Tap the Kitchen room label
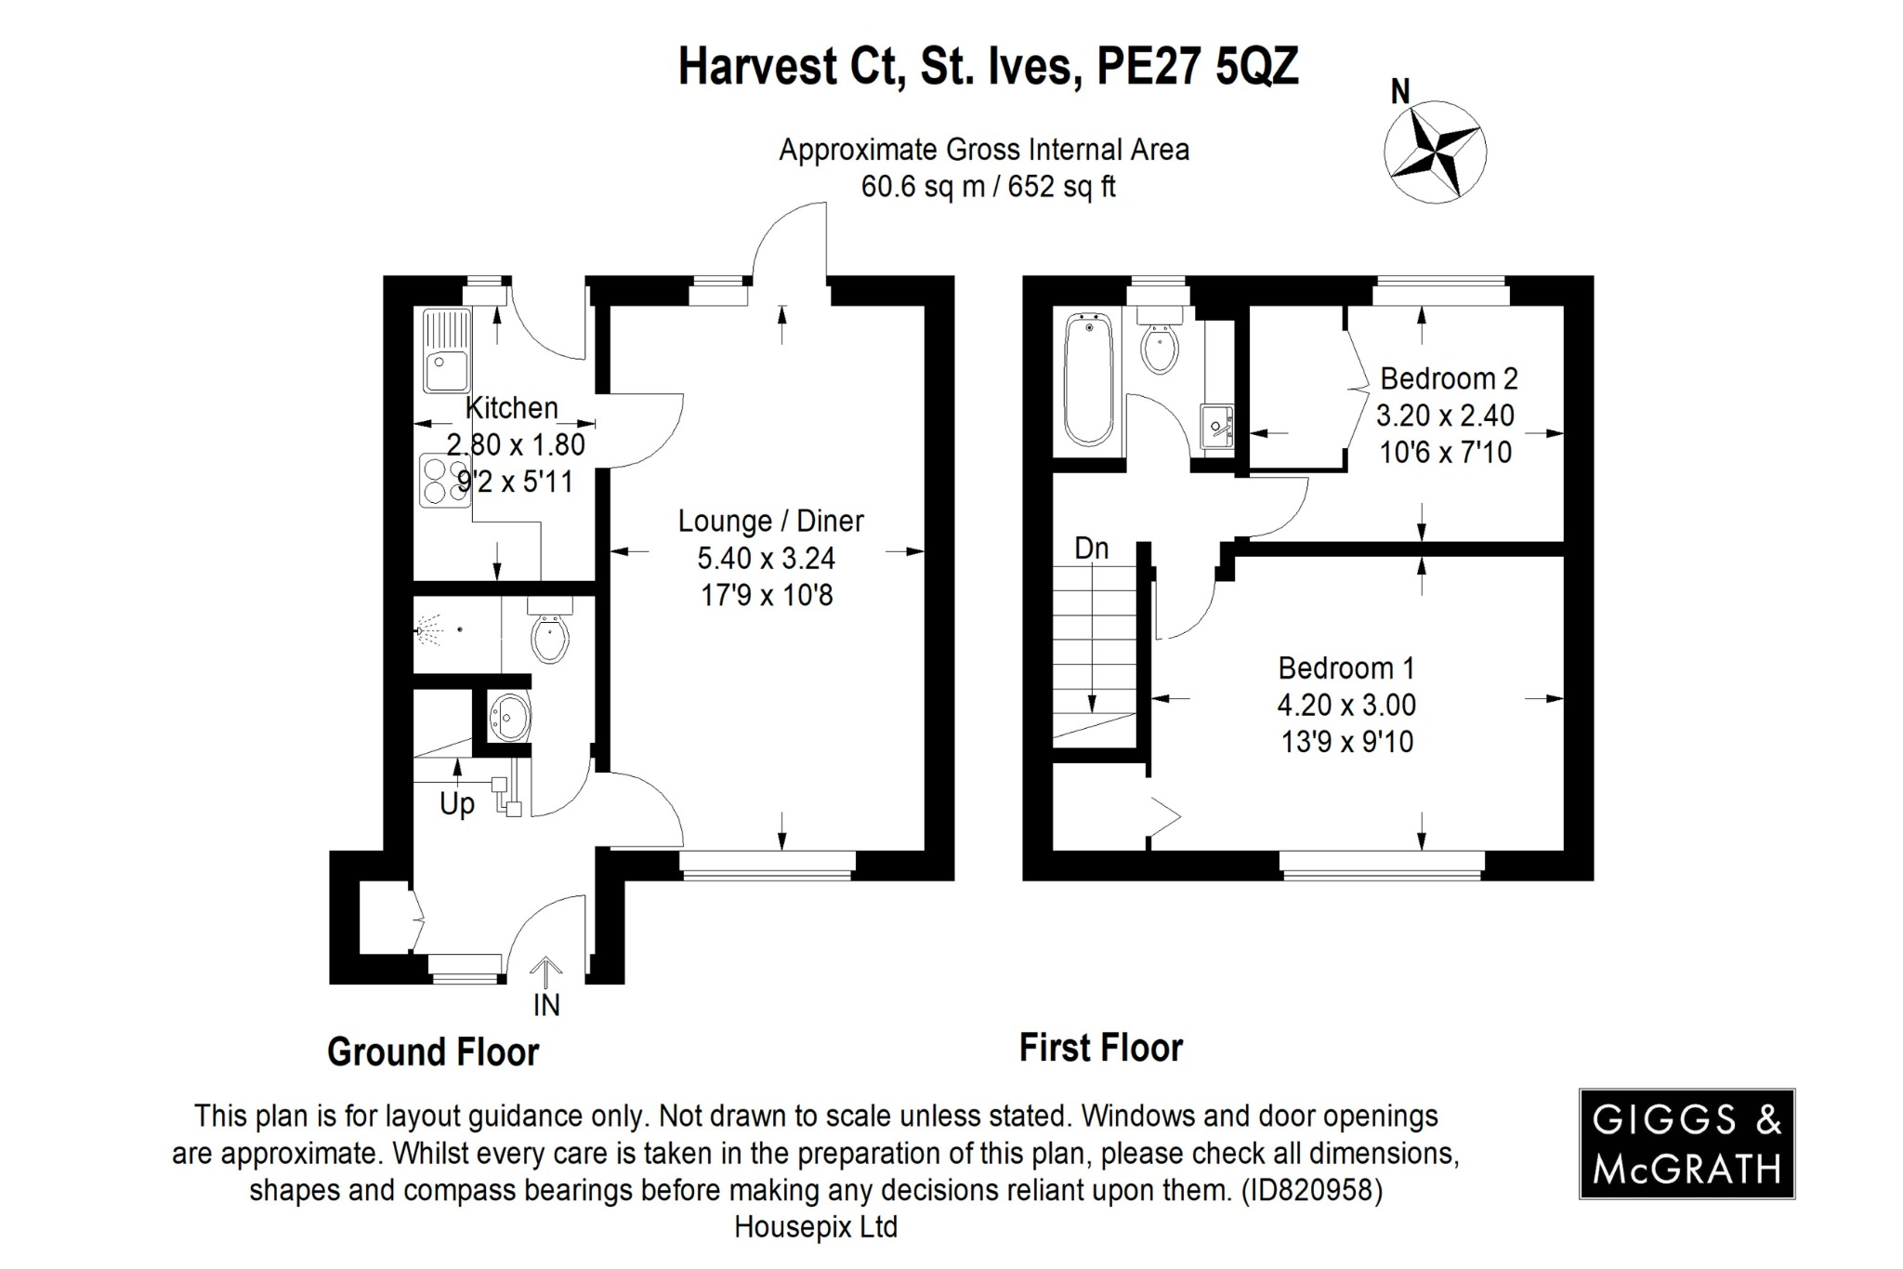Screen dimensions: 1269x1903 511,407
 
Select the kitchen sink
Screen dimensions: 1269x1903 447,350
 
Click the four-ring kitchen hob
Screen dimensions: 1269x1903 445,480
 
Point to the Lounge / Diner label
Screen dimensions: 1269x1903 770,521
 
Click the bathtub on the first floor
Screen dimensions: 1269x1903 1088,379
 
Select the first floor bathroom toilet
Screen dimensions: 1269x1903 1160,344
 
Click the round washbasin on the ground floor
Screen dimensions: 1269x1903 510,717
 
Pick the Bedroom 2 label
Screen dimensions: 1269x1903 1449,378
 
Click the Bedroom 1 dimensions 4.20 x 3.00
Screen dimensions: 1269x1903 1346,705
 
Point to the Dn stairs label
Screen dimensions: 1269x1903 1092,549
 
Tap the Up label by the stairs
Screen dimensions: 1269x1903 456,803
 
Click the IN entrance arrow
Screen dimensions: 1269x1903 546,976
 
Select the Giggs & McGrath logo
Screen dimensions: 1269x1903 1686,1143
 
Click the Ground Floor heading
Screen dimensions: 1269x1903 433,1052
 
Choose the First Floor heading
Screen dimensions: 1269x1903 1100,1048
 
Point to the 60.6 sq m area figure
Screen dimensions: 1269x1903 922,187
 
